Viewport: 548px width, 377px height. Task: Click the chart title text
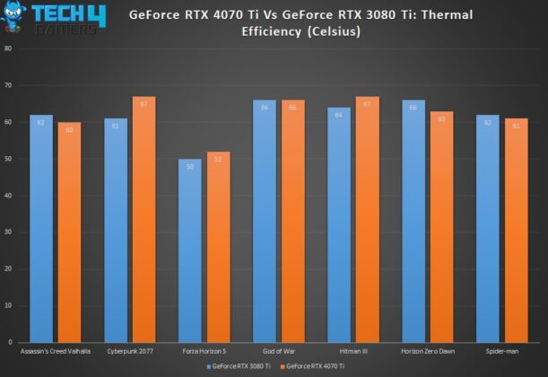(300, 22)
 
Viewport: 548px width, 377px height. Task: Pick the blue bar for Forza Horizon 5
(190, 250)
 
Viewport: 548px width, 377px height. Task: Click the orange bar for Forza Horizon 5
(219, 247)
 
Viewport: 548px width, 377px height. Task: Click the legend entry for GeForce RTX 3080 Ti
(237, 366)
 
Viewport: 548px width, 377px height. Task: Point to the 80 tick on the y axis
(8, 48)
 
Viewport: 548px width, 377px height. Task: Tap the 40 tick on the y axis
(8, 195)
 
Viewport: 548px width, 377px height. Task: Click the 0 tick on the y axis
(10, 342)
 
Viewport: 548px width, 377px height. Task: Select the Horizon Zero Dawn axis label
(427, 351)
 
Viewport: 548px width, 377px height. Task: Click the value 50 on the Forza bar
(190, 166)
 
